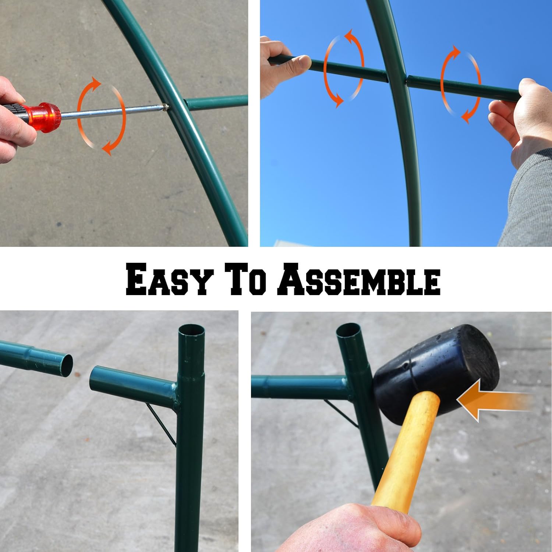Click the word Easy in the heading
170,279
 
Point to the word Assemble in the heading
359,279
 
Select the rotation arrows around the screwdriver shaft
101,116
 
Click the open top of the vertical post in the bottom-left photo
191,330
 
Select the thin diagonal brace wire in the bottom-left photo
161,423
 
